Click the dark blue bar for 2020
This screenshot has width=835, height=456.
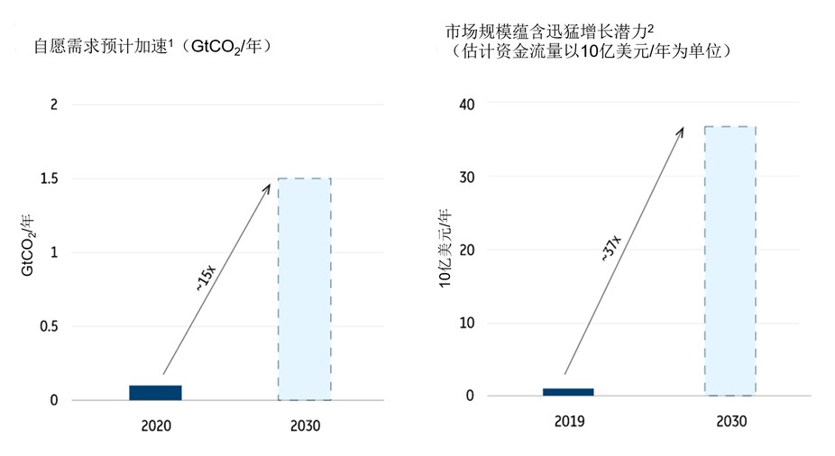point(155,392)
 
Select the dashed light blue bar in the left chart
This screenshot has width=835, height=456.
point(304,288)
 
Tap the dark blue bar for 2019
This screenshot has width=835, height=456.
point(567,392)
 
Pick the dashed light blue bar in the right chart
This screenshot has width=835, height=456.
point(729,260)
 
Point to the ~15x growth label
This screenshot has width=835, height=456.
point(205,278)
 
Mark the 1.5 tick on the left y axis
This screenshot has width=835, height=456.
point(47,178)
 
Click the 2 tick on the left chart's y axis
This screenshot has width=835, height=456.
point(53,105)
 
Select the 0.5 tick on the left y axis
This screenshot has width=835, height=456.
point(47,326)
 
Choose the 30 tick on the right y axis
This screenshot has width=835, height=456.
point(467,177)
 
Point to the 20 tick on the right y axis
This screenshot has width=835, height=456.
point(467,250)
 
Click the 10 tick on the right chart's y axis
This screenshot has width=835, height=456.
point(467,323)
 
